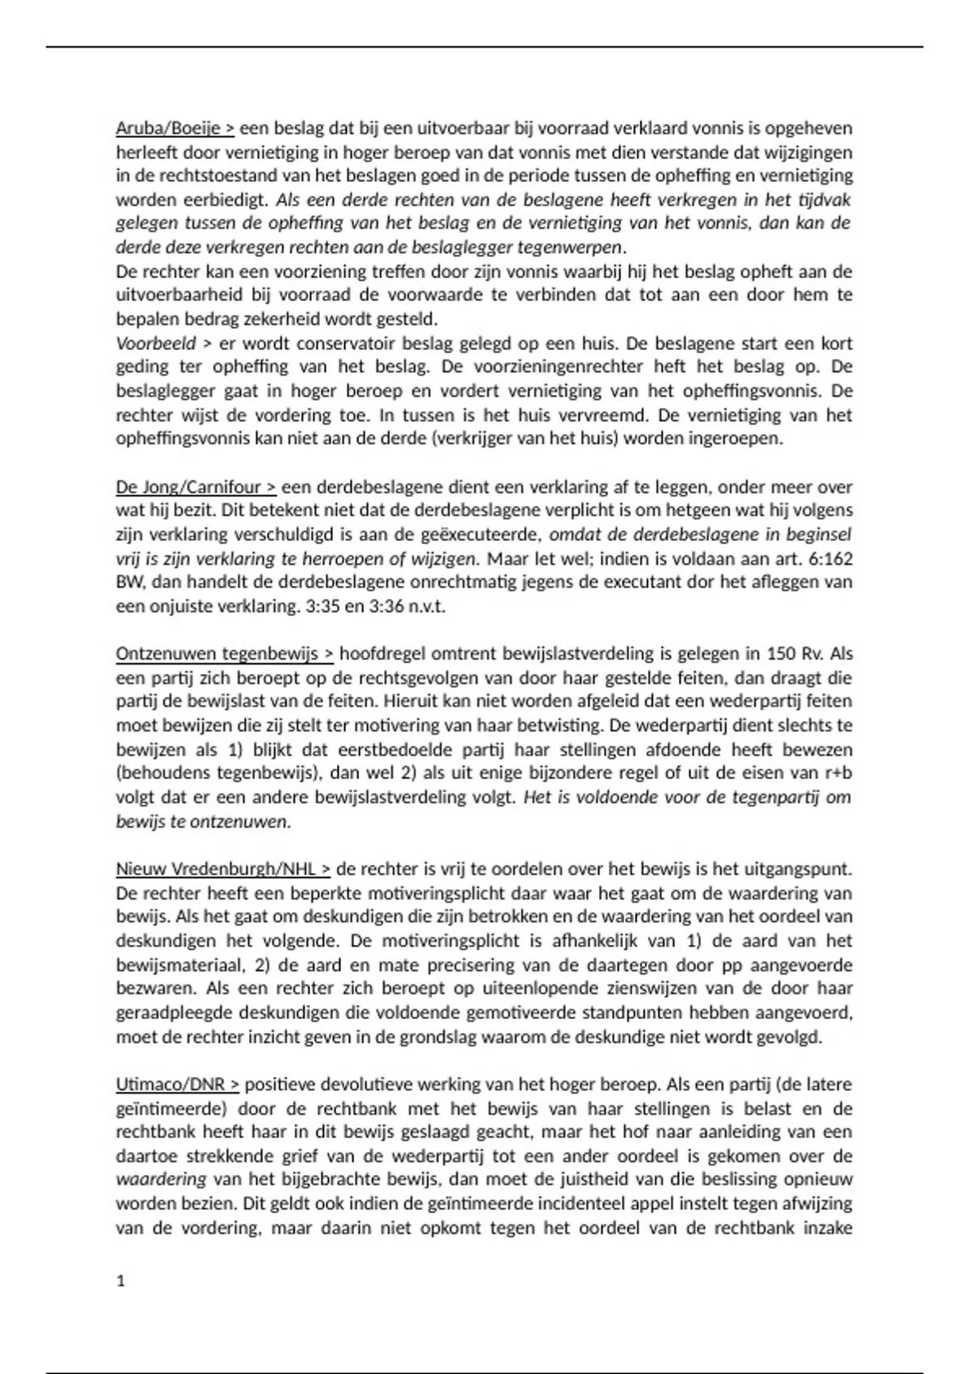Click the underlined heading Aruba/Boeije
click(175, 128)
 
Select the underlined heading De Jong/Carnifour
click(196, 487)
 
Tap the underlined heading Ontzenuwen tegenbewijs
click(225, 653)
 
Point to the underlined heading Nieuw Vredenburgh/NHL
click(223, 869)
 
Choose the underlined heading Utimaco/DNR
click(178, 1084)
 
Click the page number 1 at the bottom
click(121, 1281)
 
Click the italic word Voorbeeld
click(156, 343)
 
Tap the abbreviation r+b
click(838, 773)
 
